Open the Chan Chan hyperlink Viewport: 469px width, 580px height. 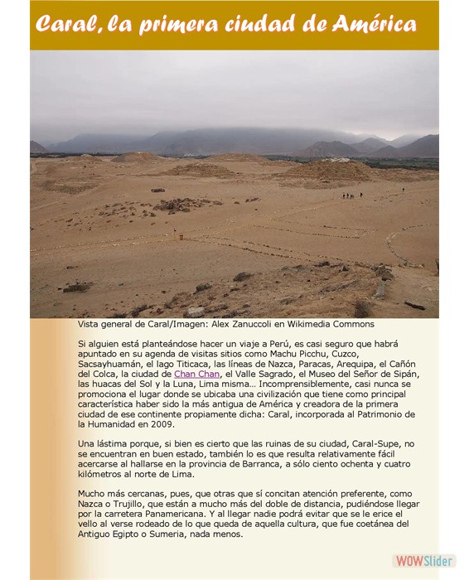(x=196, y=374)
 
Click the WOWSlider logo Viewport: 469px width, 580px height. (x=423, y=560)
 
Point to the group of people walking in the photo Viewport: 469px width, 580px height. (x=351, y=196)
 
